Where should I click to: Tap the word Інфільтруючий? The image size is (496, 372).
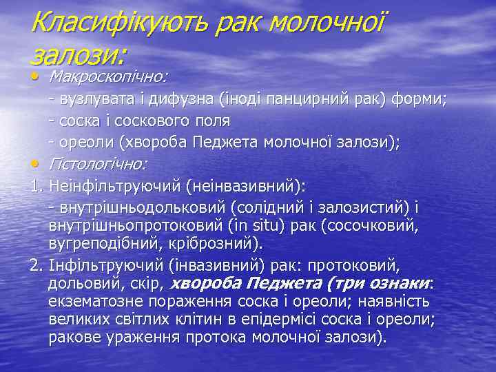pyautogui.click(x=96, y=266)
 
